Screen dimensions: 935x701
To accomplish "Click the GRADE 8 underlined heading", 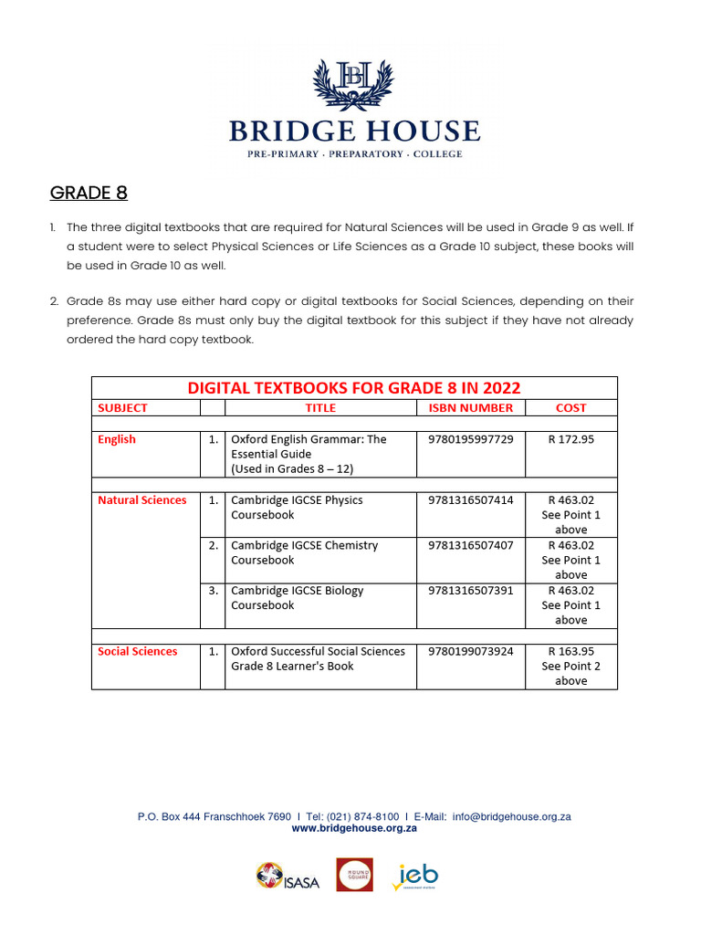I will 89,193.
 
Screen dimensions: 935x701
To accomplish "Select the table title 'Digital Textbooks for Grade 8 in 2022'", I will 354,388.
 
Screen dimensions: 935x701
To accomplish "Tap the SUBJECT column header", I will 122,408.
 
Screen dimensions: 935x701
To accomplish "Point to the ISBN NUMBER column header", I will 471,408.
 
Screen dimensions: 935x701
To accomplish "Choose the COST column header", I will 570,408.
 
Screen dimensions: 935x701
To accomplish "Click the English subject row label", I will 117,439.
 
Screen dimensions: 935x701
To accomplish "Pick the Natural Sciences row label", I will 141,500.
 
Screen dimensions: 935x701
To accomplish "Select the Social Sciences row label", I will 137,652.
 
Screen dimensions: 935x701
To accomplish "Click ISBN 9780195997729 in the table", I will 471,439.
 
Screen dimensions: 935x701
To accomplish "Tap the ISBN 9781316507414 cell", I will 471,500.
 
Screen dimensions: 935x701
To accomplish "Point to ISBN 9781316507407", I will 471,545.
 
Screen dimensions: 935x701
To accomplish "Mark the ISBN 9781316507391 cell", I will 471,591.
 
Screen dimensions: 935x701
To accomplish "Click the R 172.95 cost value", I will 570,439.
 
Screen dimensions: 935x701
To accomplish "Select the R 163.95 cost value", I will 570,652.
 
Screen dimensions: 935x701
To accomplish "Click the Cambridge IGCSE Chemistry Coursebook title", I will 304,552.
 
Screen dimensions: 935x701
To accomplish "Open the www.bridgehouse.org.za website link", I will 354,828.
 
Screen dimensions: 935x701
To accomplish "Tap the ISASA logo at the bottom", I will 288,877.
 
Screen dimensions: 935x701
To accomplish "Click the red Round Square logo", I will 354,875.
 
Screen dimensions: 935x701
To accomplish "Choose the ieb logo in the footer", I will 416,877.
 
